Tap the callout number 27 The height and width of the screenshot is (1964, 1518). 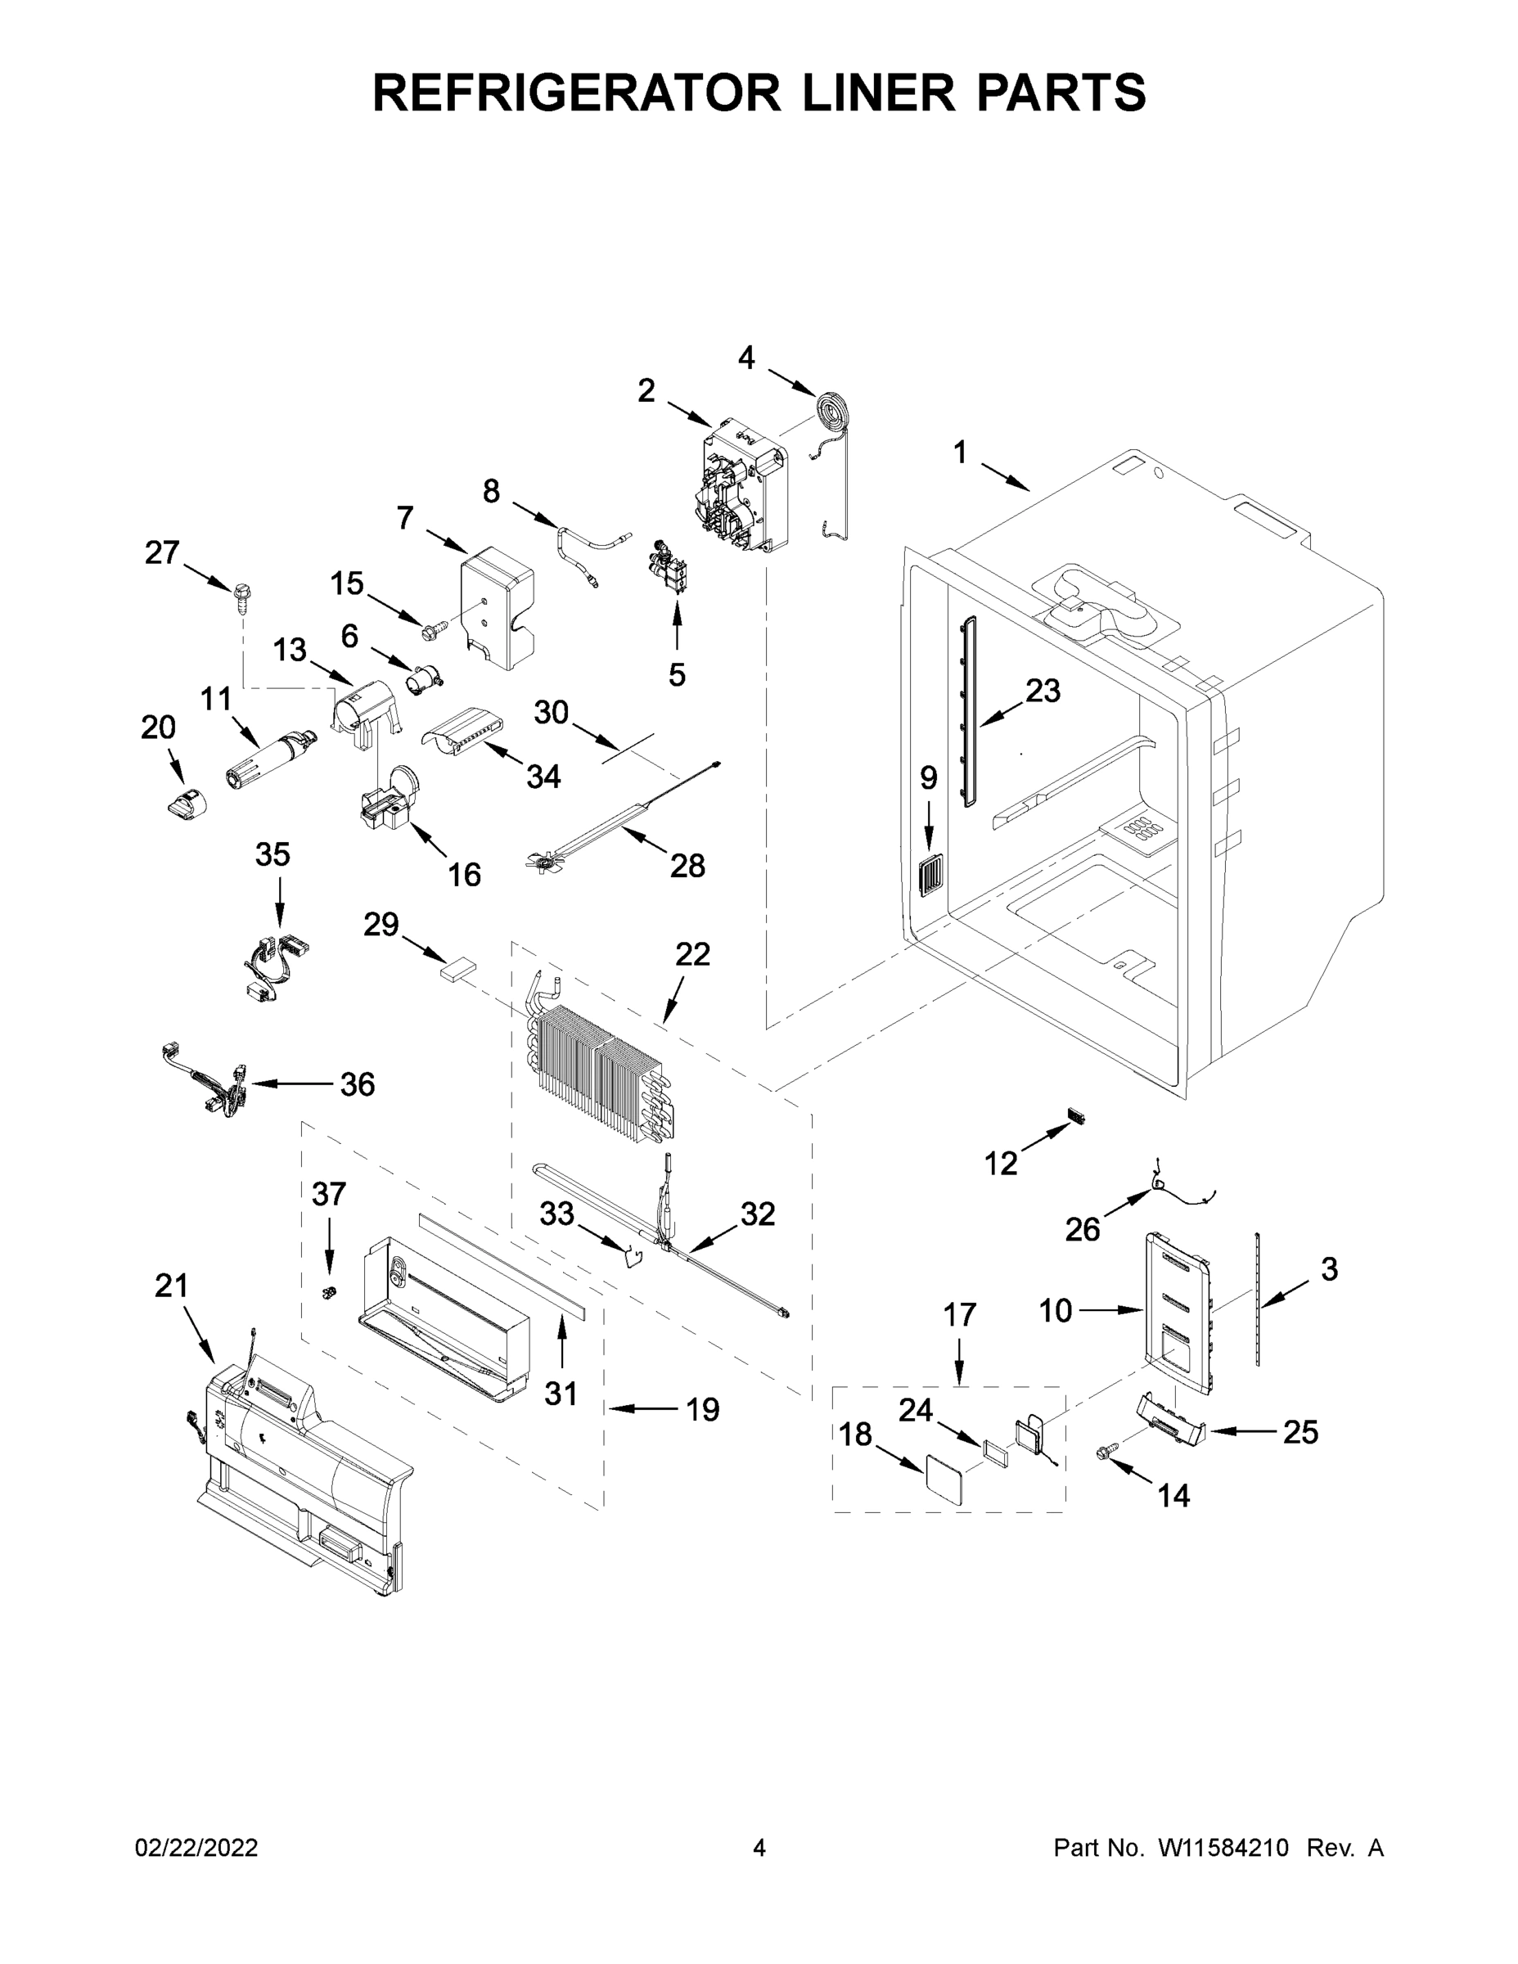(x=162, y=552)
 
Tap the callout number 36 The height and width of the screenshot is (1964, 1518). (x=357, y=1084)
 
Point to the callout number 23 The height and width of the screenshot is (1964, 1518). (x=1043, y=691)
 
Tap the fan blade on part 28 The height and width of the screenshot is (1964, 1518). (x=543, y=863)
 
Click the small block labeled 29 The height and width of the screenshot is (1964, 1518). (x=457, y=971)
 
